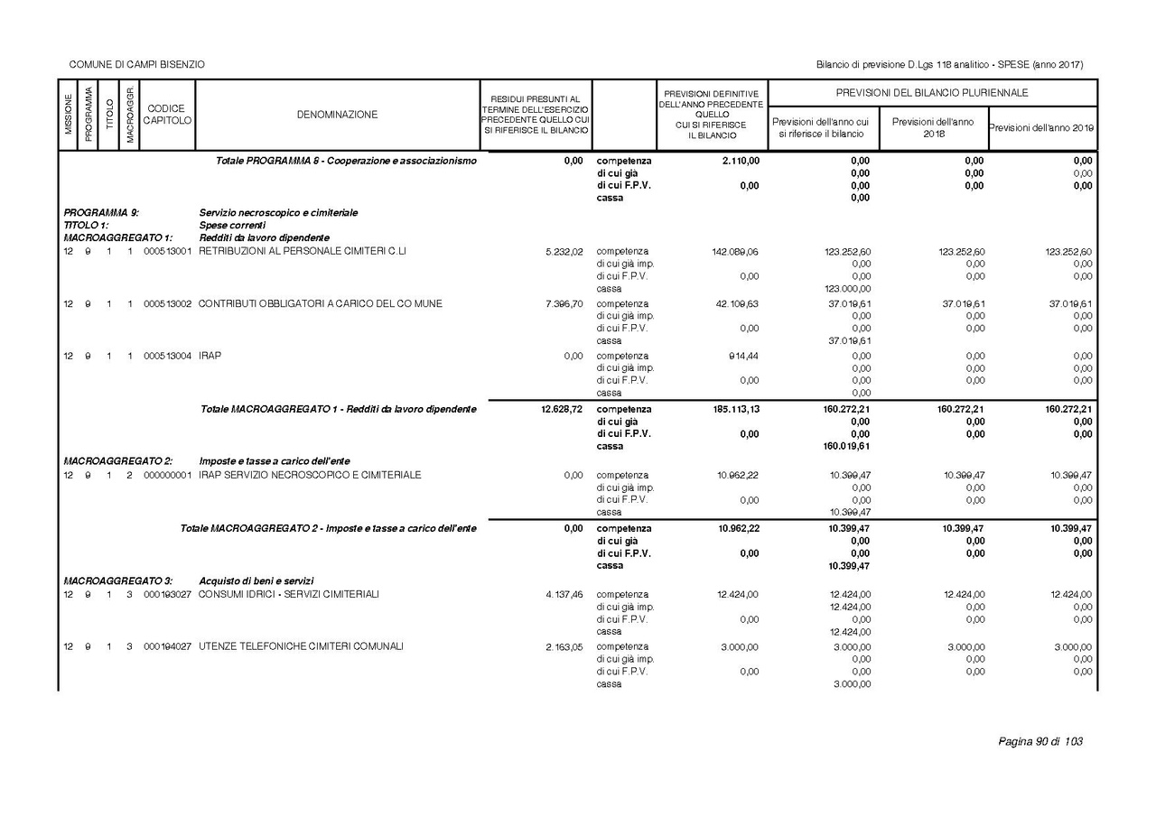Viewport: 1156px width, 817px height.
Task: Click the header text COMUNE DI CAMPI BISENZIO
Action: (137, 64)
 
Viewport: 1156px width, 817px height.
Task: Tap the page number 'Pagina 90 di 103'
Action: (1039, 742)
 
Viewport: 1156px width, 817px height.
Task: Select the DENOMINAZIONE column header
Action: (337, 115)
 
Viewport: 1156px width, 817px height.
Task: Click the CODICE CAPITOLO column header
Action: (167, 115)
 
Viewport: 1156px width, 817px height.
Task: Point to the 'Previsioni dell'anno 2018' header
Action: (933, 127)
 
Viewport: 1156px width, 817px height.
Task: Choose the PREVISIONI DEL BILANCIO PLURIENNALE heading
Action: (932, 93)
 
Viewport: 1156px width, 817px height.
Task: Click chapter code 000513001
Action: (167, 252)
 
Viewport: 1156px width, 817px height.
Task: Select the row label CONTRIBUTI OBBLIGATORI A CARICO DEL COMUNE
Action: (321, 304)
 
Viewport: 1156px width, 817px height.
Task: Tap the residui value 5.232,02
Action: (564, 252)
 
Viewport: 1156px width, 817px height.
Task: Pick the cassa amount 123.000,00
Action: (848, 289)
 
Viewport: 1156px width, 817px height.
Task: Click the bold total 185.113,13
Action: (734, 409)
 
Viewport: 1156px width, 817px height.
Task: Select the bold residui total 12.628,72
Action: (561, 409)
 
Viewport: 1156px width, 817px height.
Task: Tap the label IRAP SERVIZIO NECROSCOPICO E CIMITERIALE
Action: (310, 476)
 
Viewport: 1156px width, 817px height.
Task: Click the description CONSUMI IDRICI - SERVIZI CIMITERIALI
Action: (289, 594)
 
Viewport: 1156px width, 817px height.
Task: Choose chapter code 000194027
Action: (167, 646)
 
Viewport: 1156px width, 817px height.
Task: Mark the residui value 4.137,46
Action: (564, 595)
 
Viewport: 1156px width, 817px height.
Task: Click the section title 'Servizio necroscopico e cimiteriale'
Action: (278, 213)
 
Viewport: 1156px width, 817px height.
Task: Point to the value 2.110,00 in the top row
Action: (741, 161)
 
